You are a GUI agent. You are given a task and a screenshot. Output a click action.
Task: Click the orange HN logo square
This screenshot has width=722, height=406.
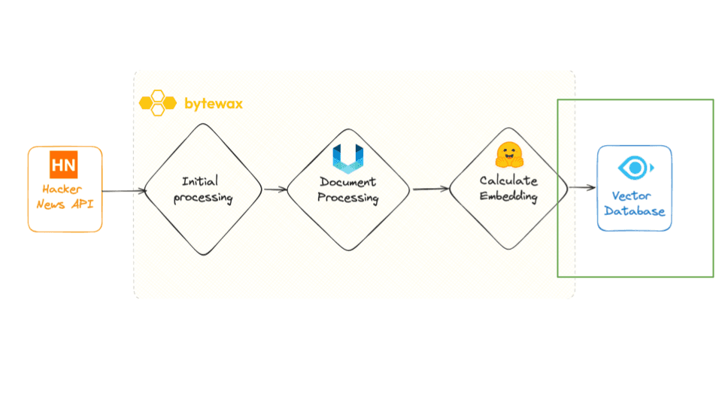64,165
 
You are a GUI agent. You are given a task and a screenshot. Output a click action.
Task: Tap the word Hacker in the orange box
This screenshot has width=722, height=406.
62,189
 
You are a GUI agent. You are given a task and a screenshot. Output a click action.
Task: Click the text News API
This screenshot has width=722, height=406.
65,204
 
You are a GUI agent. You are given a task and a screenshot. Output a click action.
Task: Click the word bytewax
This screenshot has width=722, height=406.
213,104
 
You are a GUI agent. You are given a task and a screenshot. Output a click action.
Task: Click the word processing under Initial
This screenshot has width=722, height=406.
203,198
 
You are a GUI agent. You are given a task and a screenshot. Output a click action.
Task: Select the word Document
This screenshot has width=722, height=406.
347,182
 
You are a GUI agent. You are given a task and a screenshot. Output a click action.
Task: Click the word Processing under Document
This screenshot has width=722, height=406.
347,198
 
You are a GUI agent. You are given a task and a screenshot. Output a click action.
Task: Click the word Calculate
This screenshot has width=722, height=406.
509,181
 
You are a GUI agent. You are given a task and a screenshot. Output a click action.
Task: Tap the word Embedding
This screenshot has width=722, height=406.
509,197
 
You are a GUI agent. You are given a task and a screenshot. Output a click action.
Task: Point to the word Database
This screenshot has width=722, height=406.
634,211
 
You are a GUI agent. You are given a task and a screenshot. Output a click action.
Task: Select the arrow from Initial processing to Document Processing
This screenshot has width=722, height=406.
275,189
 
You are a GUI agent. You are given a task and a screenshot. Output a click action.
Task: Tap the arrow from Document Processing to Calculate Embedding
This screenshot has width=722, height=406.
430,189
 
